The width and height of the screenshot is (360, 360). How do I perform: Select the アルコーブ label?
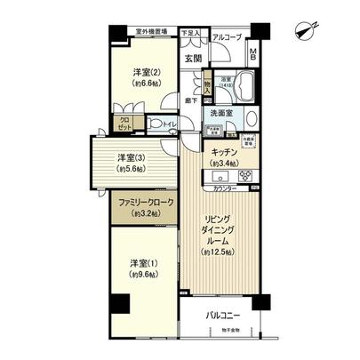(x=226, y=36)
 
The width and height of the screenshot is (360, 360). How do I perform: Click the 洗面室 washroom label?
(x=222, y=113)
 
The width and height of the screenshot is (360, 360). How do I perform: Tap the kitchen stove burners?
(x=244, y=174)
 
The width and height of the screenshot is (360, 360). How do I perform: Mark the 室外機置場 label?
(x=153, y=31)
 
